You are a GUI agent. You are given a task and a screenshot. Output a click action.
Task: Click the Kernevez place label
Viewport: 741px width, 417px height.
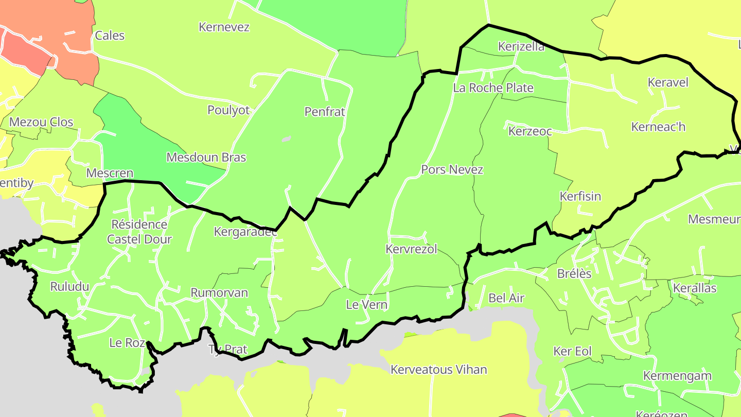224,27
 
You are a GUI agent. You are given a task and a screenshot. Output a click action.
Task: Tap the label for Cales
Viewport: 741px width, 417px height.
110,36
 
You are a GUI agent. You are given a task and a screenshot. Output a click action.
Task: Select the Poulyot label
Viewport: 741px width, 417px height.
228,110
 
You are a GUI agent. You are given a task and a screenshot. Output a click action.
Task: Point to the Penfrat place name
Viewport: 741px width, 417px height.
325,112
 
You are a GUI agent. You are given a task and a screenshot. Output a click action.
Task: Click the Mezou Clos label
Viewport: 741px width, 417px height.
41,123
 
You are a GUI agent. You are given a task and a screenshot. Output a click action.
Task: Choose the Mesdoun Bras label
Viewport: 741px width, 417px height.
206,158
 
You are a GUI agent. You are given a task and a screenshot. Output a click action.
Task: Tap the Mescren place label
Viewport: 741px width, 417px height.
110,173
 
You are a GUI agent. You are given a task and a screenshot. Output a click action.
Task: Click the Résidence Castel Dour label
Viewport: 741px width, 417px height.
139,232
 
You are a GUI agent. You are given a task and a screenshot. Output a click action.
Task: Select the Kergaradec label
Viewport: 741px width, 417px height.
245,232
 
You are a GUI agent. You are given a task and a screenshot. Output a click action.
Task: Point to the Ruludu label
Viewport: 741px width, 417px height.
69,287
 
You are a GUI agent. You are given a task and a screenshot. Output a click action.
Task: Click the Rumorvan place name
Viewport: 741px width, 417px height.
219,293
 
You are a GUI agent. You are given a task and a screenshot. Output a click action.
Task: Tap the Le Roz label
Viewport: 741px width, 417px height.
127,343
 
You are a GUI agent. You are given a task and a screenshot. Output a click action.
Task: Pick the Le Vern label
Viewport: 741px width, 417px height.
366,305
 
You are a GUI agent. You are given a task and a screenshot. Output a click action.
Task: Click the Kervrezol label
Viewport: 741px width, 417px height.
411,249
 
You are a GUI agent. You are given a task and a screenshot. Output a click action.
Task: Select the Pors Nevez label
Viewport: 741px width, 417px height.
452,169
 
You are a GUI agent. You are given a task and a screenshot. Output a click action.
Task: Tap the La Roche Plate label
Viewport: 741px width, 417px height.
493,88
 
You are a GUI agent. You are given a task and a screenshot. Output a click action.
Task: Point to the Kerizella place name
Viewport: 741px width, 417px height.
521,47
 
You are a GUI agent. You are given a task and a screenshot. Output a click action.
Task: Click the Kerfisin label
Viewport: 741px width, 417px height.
580,197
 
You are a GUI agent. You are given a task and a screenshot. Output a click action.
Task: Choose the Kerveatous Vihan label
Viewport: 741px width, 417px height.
438,370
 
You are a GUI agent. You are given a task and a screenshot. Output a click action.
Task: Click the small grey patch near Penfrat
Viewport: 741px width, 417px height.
287,138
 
